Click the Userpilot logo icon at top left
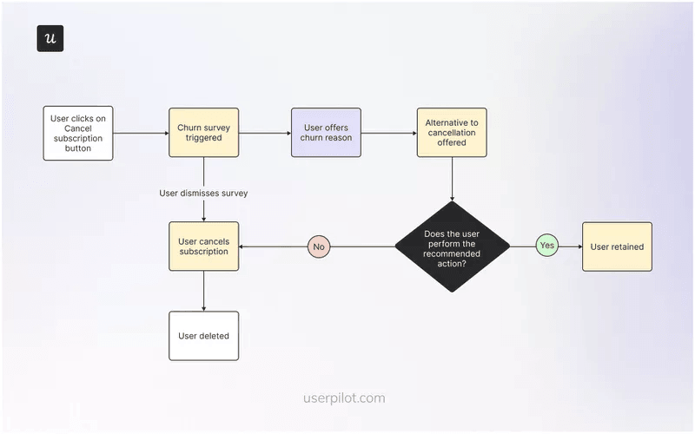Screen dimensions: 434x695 (x=50, y=39)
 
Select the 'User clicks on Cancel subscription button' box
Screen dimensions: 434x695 (x=78, y=133)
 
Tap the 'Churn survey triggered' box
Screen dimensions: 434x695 (x=203, y=133)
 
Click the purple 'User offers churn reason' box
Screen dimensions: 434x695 (x=326, y=133)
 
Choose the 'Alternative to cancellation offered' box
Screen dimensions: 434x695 (x=452, y=133)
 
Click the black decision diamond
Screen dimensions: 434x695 (x=452, y=247)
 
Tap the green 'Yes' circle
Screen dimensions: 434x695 (x=546, y=247)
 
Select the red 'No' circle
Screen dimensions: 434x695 (x=319, y=247)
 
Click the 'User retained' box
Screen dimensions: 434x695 (x=617, y=247)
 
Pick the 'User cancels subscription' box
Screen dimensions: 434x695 (x=203, y=247)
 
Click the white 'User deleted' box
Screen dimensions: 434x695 (x=203, y=335)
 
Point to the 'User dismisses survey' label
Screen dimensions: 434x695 (x=203, y=193)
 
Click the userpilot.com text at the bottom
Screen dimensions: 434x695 (x=344, y=398)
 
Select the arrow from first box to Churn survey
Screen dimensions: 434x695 (x=141, y=133)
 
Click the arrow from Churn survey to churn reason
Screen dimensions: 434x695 (x=265, y=133)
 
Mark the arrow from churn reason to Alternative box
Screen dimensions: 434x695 (x=388, y=133)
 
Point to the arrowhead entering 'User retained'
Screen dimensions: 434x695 (x=578, y=247)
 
